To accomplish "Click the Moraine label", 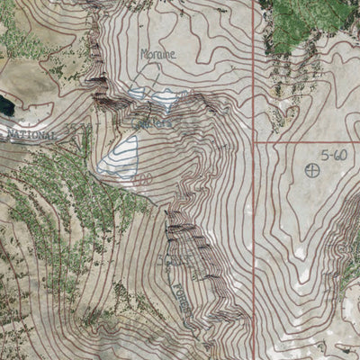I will (158, 54).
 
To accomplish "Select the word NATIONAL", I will (31, 134).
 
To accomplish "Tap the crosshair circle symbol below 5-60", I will (312, 170).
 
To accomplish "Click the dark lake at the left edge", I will (5, 106).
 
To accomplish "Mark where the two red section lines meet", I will (255, 142).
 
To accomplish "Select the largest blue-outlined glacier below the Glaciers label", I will (121, 157).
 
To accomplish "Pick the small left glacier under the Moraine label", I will (138, 93).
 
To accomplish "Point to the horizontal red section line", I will (306, 142).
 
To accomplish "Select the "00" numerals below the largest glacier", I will (141, 179).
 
